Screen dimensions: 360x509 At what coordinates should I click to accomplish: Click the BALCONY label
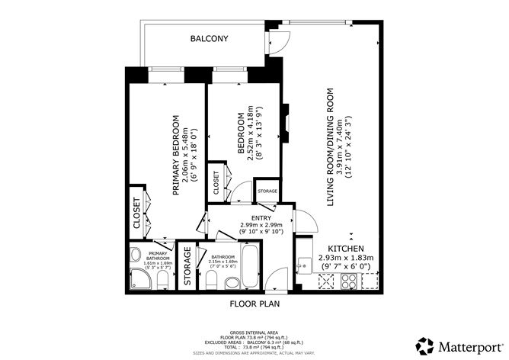[x=209, y=38]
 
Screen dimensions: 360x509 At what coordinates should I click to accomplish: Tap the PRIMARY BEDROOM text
[x=175, y=156]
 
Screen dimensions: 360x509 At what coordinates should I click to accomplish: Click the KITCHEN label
[x=347, y=249]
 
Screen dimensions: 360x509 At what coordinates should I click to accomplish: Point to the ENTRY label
[x=251, y=217]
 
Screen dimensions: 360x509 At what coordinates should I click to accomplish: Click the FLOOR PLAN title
[x=254, y=303]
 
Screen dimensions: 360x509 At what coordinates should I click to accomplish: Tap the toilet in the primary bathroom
[x=162, y=284]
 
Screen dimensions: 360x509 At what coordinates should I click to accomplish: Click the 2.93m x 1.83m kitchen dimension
[x=347, y=259]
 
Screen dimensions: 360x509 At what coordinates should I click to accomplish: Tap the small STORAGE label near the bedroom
[x=267, y=191]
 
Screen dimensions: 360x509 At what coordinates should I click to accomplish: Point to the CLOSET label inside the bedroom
[x=216, y=184]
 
